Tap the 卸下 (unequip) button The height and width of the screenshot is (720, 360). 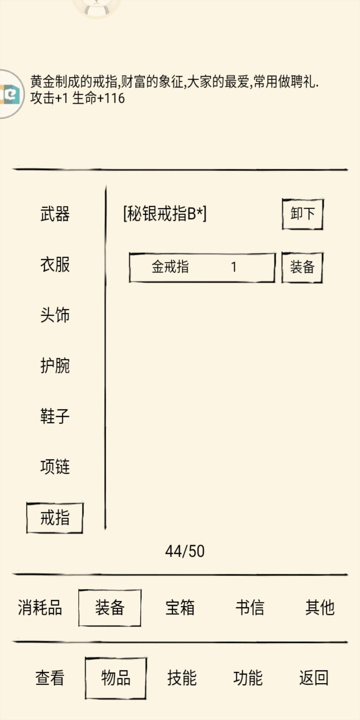[302, 214]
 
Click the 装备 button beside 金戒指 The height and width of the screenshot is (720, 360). [302, 267]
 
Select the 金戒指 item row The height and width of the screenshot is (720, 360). [202, 267]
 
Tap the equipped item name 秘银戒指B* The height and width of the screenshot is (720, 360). [165, 214]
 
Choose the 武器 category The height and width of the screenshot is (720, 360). [55, 214]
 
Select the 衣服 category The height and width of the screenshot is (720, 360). [55, 265]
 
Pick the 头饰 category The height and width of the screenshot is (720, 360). [55, 315]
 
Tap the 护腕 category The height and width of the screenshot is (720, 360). [55, 366]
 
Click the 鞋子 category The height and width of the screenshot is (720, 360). [55, 416]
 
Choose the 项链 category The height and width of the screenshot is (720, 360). [55, 467]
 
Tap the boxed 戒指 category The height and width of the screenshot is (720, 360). [55, 518]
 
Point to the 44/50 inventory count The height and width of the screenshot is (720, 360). [185, 551]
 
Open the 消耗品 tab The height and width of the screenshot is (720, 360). [40, 607]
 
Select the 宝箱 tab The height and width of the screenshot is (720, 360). [180, 607]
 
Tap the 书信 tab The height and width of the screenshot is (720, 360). [250, 607]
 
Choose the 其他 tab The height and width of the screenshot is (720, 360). [320, 607]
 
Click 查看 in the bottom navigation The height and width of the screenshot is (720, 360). [50, 678]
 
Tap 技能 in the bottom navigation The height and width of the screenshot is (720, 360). [182, 678]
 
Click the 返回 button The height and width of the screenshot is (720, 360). [314, 678]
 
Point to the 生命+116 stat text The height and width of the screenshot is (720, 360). [98, 98]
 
